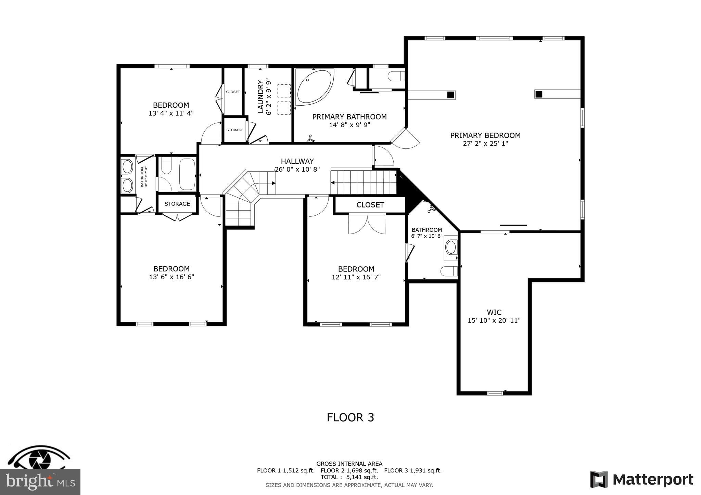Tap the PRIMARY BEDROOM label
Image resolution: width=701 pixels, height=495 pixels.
pyautogui.click(x=485, y=135)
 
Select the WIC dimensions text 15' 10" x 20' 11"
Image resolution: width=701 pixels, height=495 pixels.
pyautogui.click(x=494, y=320)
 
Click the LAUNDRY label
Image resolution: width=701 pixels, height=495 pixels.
pyautogui.click(x=260, y=96)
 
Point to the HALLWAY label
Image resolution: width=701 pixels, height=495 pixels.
pyautogui.click(x=297, y=161)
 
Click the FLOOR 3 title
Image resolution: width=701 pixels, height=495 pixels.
pyautogui.click(x=350, y=417)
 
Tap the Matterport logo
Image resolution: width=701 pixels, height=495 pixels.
pyautogui.click(x=641, y=479)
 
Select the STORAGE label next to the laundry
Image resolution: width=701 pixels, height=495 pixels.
pyautogui.click(x=235, y=130)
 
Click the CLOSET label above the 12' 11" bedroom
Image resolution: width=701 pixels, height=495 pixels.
pyautogui.click(x=370, y=205)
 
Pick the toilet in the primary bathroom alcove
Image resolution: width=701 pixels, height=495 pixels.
pyautogui.click(x=396, y=76)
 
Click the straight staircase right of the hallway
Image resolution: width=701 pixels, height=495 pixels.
pyautogui.click(x=364, y=182)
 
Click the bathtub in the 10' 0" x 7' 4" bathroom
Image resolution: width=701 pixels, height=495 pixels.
pyautogui.click(x=187, y=174)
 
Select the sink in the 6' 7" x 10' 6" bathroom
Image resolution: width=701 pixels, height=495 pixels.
pyautogui.click(x=451, y=247)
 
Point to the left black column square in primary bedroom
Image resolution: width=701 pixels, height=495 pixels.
pyautogui.click(x=451, y=95)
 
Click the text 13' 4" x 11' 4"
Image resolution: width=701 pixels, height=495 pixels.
pyautogui.click(x=171, y=113)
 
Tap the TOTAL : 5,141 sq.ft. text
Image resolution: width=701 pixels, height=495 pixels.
pyautogui.click(x=349, y=477)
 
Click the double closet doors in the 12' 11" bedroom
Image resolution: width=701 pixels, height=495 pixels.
pyautogui.click(x=367, y=224)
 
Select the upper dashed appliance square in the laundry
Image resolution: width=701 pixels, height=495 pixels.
pyautogui.click(x=284, y=91)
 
